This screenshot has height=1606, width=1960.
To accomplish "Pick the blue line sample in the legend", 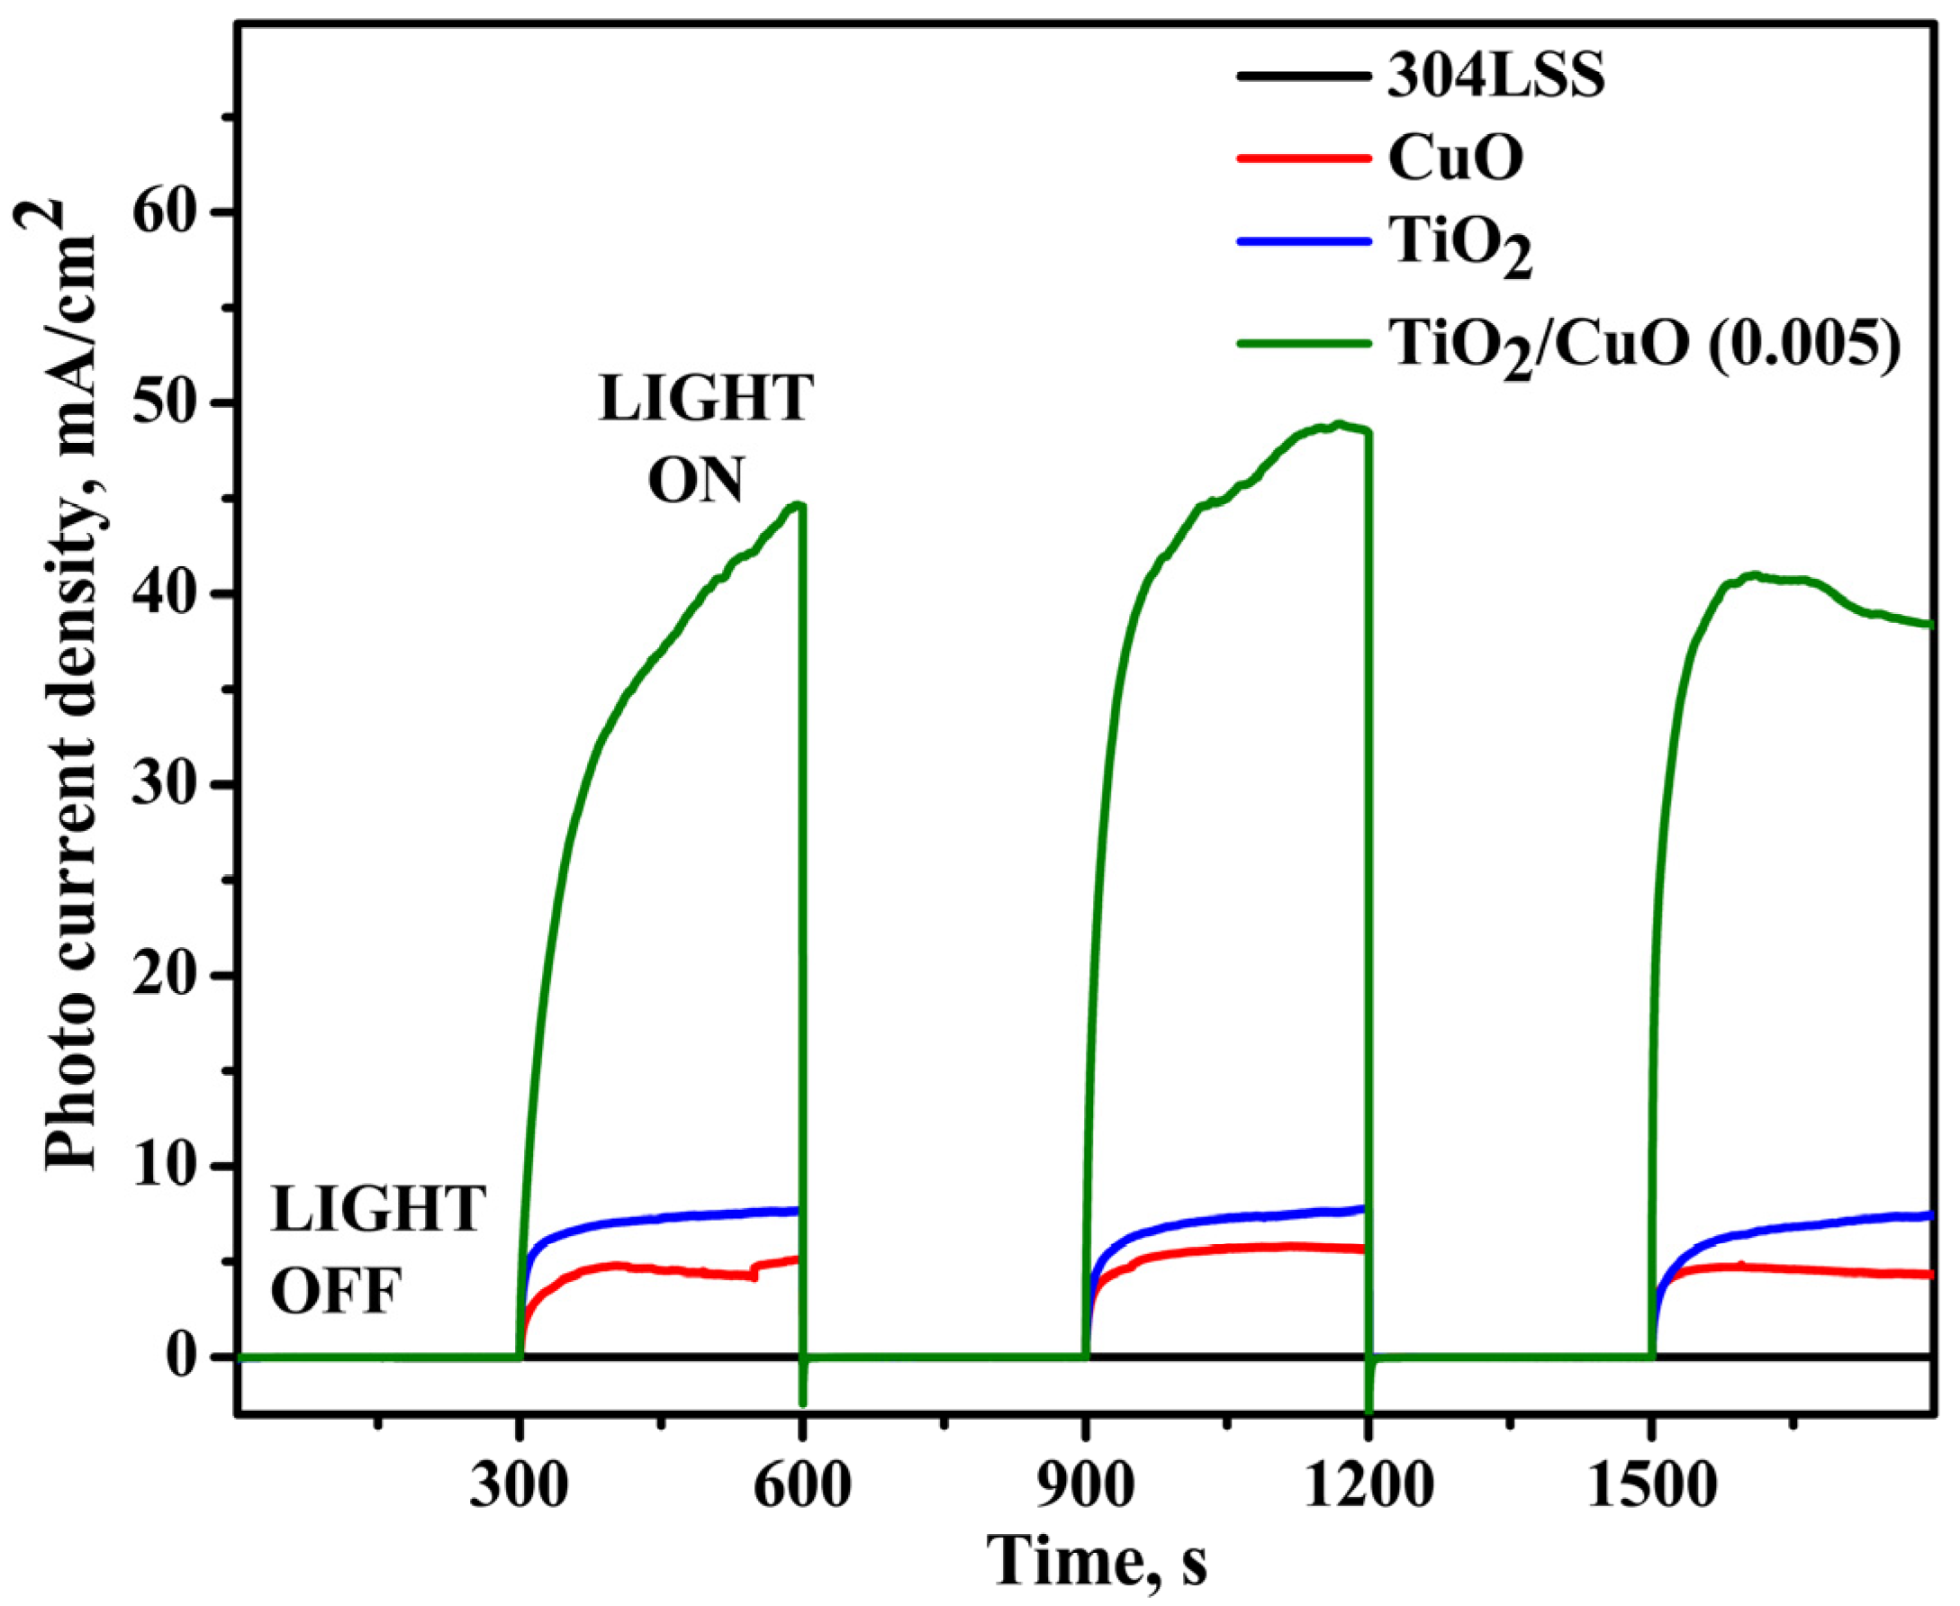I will coord(1302,240).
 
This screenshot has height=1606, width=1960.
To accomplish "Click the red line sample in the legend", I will coord(1302,158).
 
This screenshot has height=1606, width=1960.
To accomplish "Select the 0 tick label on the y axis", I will coord(190,1358).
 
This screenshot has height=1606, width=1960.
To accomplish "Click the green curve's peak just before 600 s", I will coord(798,504).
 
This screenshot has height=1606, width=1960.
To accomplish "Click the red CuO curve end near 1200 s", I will coord(1359,1249).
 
